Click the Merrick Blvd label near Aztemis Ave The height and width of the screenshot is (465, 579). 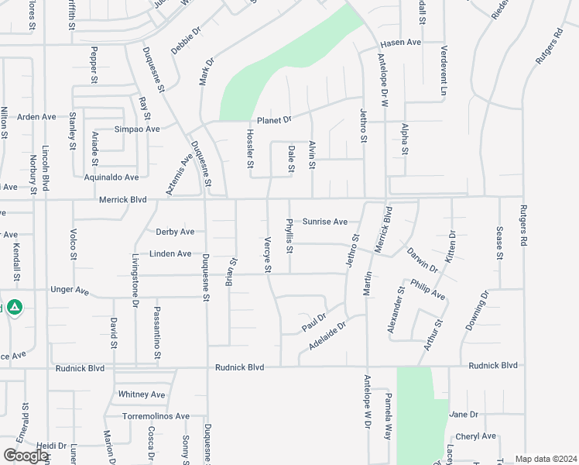(x=123, y=199)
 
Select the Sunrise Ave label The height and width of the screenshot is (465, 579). (x=325, y=222)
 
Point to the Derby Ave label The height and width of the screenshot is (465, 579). (x=175, y=232)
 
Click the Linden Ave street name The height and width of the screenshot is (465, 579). (x=170, y=253)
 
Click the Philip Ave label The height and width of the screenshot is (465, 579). (x=428, y=290)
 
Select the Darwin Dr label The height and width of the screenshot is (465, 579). (x=422, y=260)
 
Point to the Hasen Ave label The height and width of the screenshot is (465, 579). (x=400, y=42)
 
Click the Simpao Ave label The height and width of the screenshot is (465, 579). (x=137, y=129)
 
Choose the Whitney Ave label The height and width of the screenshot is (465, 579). (x=142, y=394)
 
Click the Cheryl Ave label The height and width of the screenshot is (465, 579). (x=475, y=436)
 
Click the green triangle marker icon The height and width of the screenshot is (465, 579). (x=15, y=308)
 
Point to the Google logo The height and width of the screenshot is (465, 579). (x=26, y=456)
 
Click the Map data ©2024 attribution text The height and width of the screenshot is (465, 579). (x=546, y=459)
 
